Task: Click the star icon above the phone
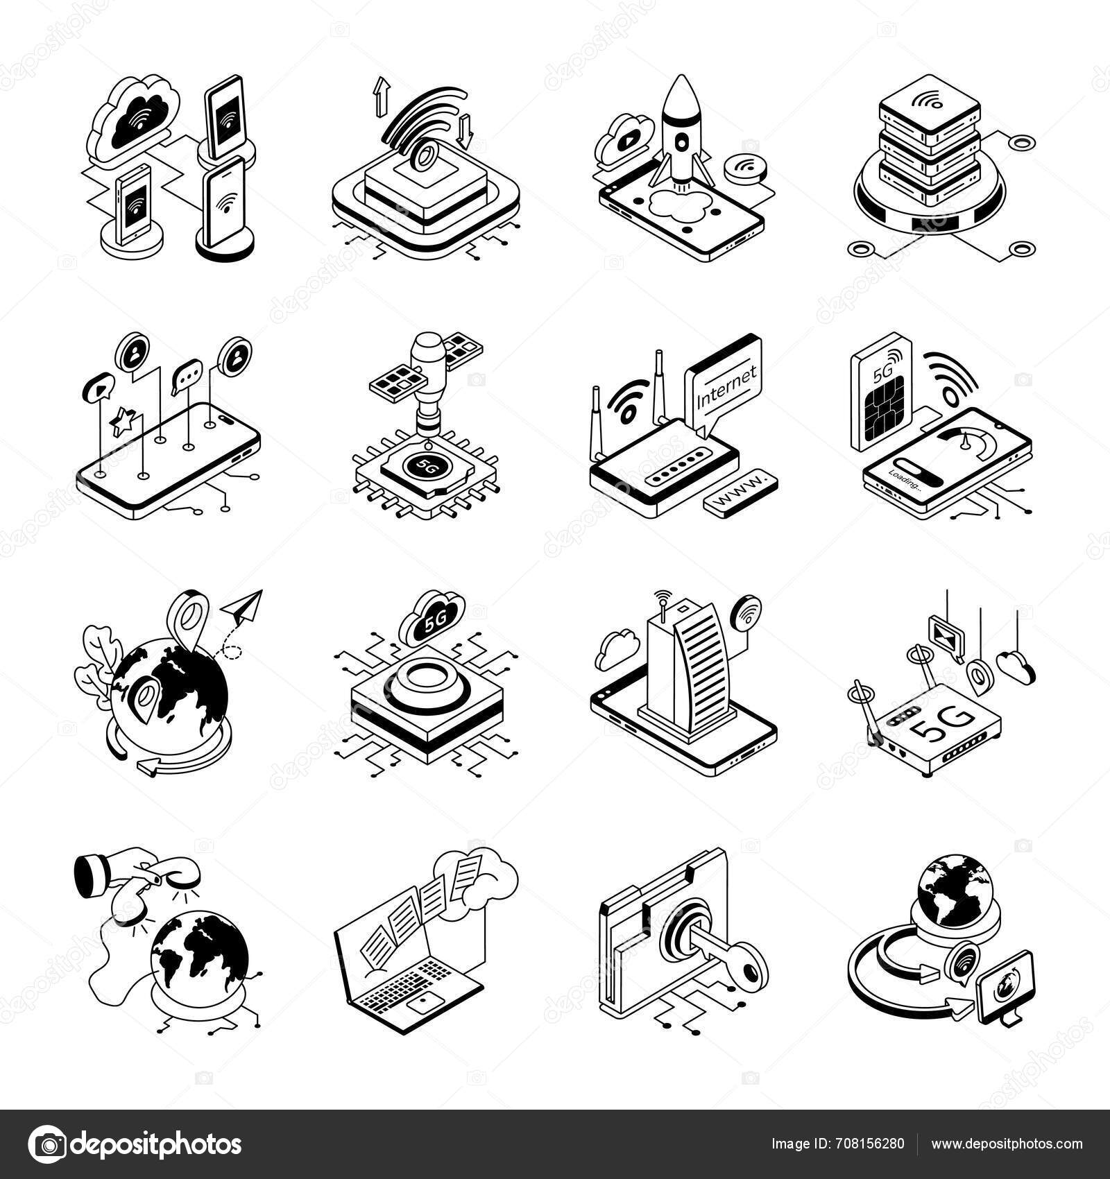(x=123, y=422)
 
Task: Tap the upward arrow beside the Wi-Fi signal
(x=379, y=96)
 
